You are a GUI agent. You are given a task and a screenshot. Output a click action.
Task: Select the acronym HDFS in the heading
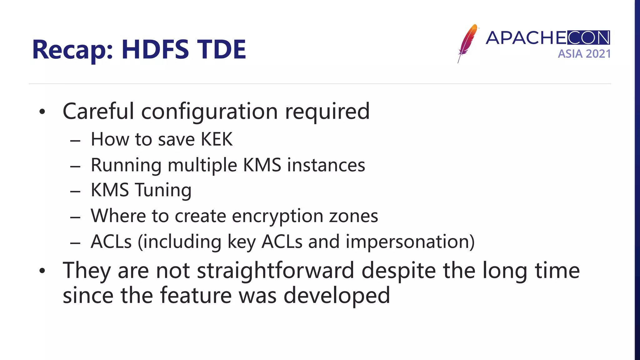click(155, 49)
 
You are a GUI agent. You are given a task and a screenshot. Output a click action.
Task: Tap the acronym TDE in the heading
click(222, 49)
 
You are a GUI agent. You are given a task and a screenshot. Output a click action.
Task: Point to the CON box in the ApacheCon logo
click(588, 38)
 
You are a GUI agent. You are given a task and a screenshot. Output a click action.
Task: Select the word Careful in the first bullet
click(98, 111)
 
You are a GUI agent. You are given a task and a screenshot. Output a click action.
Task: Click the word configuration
click(209, 112)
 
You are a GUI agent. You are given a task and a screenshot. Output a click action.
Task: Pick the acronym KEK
click(217, 139)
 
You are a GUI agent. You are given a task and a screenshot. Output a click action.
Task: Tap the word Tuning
click(163, 190)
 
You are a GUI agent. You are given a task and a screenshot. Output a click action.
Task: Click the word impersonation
click(410, 242)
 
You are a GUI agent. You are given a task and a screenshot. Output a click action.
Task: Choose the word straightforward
click(275, 271)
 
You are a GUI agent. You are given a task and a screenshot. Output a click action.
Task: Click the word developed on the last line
click(337, 296)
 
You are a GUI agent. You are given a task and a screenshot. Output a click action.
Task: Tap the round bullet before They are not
click(42, 271)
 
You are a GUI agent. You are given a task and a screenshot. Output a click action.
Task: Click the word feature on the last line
click(196, 296)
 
